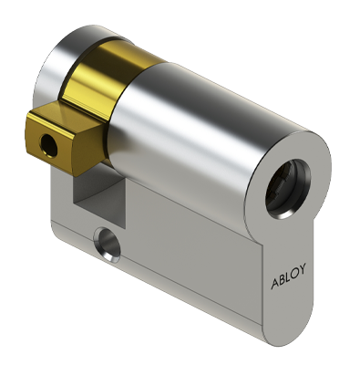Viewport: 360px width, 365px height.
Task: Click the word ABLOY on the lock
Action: [288, 276]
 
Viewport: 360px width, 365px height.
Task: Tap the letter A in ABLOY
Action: [274, 283]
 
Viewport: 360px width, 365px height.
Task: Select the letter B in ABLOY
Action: [282, 278]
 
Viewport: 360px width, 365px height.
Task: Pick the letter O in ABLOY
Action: [294, 272]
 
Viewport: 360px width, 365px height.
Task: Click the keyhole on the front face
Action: [288, 189]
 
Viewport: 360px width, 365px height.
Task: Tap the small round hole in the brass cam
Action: [48, 145]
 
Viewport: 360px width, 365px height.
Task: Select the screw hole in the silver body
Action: [108, 245]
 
